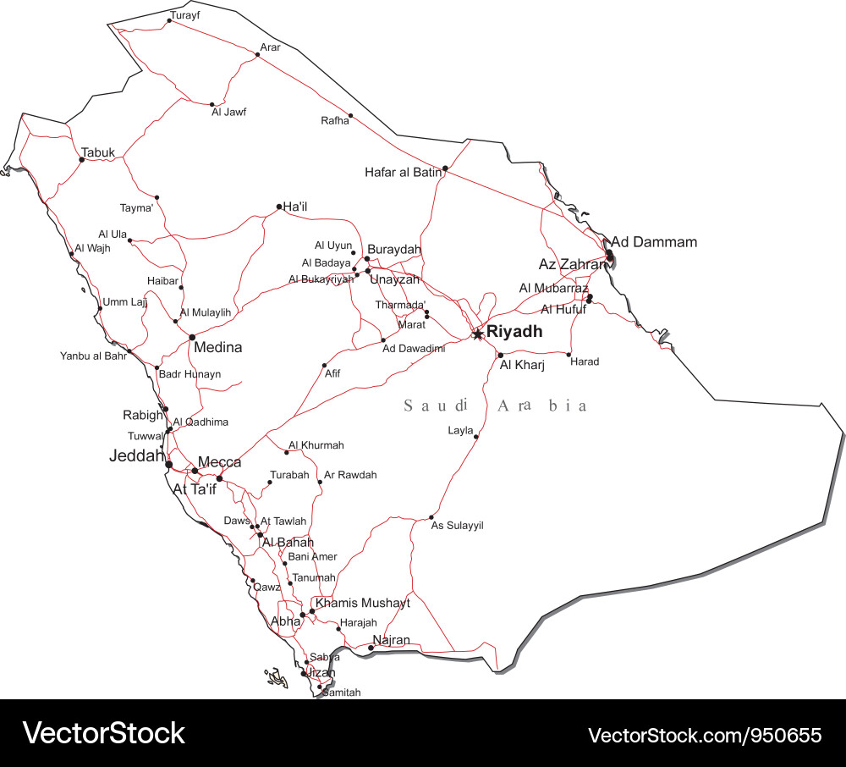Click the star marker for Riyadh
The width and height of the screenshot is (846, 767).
(x=478, y=334)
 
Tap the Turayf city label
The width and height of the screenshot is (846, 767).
(x=185, y=15)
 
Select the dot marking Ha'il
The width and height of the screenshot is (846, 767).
(x=279, y=206)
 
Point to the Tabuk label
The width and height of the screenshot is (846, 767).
(x=98, y=153)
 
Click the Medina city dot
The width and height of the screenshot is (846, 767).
(x=192, y=337)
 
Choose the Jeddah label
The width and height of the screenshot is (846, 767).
(x=136, y=455)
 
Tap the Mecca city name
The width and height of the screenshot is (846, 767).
(x=219, y=462)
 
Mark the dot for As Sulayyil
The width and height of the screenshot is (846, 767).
(x=431, y=517)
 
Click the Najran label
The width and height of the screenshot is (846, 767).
(x=391, y=640)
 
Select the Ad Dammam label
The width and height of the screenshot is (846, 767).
(x=654, y=242)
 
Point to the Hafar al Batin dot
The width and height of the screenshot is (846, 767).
(x=445, y=168)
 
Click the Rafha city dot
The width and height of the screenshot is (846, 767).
(x=350, y=115)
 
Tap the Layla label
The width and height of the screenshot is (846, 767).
(x=460, y=431)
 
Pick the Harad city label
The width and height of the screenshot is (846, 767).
(x=585, y=361)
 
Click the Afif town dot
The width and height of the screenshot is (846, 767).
(x=324, y=366)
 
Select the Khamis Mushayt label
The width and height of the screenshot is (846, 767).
(x=362, y=603)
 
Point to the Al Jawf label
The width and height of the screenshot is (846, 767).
(x=228, y=112)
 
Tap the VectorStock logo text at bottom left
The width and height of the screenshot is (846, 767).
(x=103, y=732)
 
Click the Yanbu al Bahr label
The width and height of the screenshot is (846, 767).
(x=93, y=356)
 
